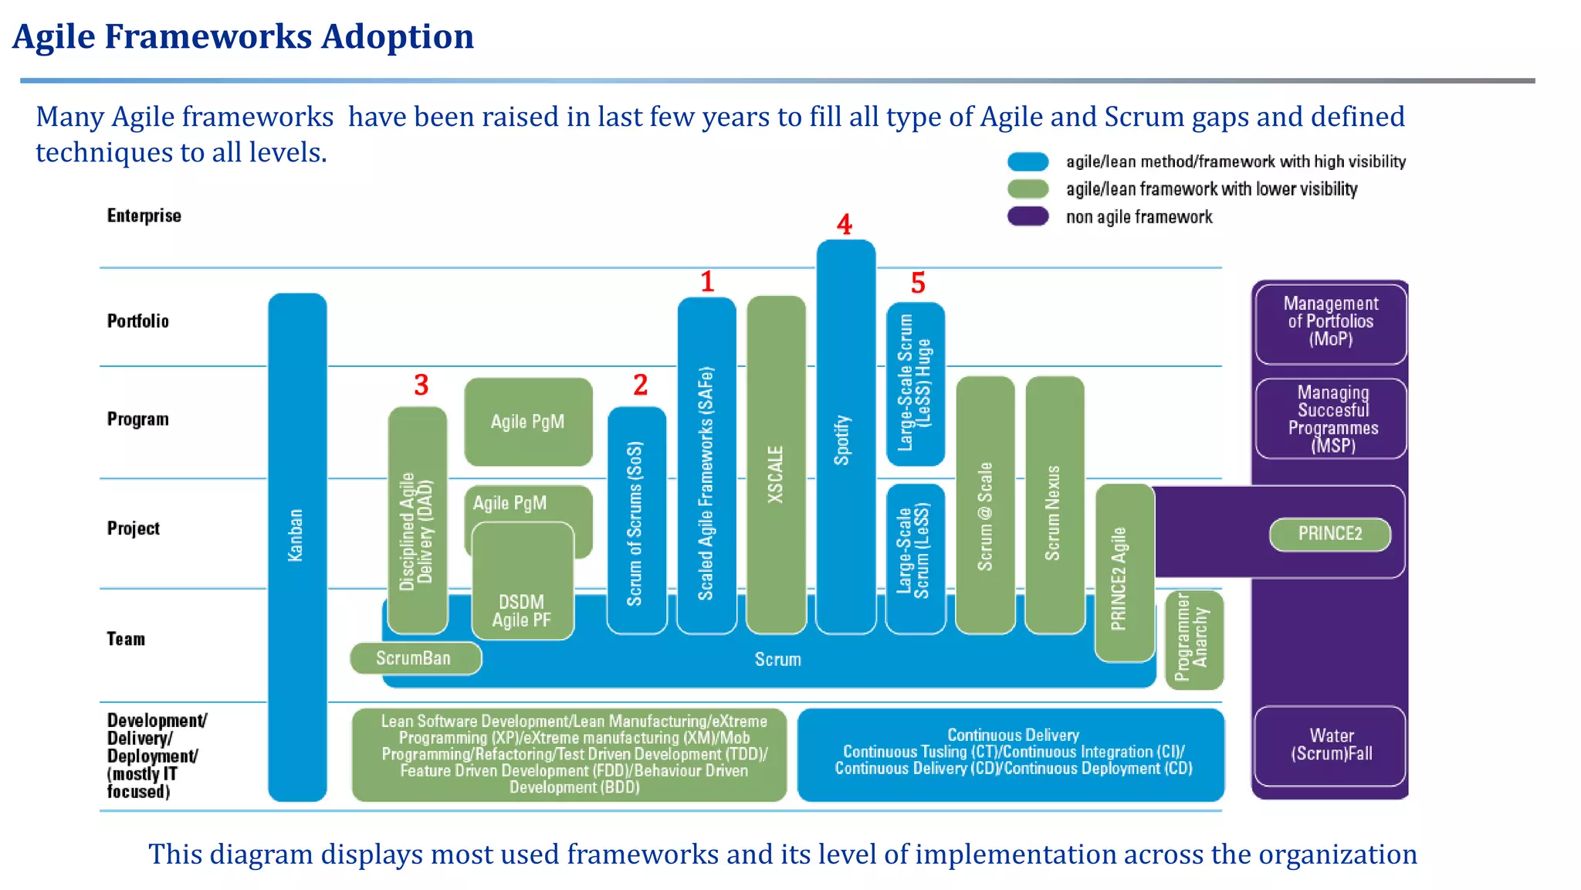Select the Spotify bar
pos(845,437)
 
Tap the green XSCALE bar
pos(776,464)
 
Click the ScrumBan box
pos(415,658)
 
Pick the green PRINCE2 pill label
pos(1329,534)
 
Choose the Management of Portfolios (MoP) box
pos(1330,322)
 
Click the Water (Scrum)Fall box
pos(1330,746)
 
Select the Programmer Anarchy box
pos(1193,640)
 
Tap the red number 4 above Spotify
pos(845,225)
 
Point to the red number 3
pos(421,385)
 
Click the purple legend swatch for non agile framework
pos(1027,216)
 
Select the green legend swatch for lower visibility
pos(1027,189)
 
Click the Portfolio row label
pos(137,321)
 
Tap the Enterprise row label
pos(144,216)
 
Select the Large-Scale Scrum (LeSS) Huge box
pos(916,384)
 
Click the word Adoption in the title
pos(398,36)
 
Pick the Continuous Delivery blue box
pos(1011,753)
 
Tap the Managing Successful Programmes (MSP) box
pos(1330,419)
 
